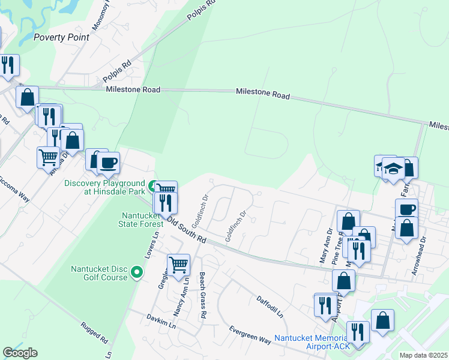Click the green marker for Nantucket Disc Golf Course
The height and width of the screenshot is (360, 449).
137,273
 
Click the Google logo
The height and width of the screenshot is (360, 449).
20,353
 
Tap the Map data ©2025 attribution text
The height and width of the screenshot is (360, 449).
422,355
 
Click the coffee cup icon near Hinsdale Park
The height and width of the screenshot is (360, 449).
108,163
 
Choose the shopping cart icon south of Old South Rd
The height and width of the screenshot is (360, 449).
178,263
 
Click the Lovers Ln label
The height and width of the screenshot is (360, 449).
149,244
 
